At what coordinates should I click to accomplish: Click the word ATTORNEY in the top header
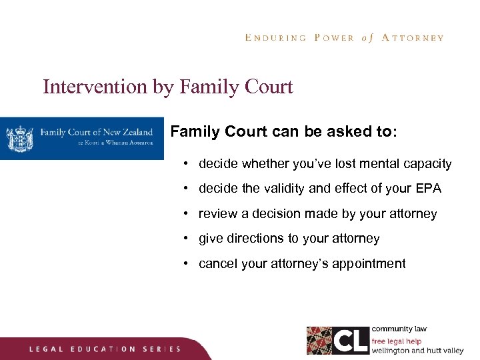coord(412,38)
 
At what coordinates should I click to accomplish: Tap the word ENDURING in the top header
coord(275,38)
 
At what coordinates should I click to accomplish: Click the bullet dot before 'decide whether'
coord(188,164)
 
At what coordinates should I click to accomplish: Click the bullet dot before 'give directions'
coord(188,239)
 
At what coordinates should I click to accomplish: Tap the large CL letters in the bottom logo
coord(350,341)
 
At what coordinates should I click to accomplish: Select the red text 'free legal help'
coord(397,341)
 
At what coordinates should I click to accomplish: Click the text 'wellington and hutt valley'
coord(417,350)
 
